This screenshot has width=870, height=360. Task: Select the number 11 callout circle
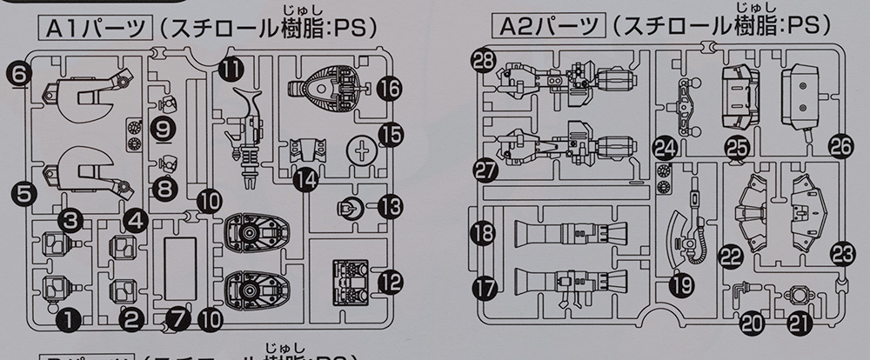click(x=231, y=67)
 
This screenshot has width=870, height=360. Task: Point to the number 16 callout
click(x=389, y=88)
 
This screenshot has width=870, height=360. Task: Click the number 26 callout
click(x=840, y=144)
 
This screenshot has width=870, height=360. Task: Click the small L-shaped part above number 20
click(x=740, y=291)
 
